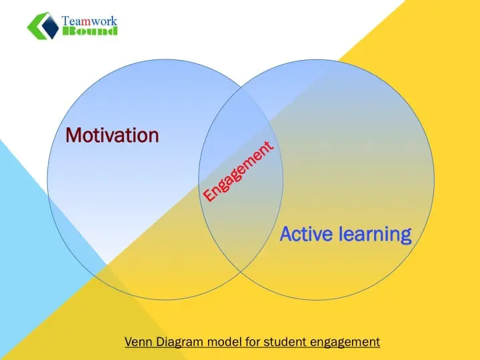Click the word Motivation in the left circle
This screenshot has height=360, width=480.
tap(113, 135)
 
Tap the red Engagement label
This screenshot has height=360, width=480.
tap(238, 171)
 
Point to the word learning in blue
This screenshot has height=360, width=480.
tap(375, 235)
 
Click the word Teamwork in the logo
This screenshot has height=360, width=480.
tap(89, 21)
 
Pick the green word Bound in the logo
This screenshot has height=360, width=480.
tap(90, 31)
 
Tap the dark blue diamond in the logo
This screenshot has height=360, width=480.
tap(50, 26)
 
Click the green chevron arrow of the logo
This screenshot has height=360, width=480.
tap(38, 26)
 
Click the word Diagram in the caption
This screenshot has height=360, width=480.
tap(180, 342)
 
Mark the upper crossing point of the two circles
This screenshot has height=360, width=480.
tap(241, 87)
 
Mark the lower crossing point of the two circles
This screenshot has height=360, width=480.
tap(241, 271)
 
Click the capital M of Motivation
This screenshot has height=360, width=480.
tap(73, 135)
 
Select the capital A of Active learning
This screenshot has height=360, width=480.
tap(287, 234)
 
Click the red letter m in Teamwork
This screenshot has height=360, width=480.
tap(87, 21)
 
